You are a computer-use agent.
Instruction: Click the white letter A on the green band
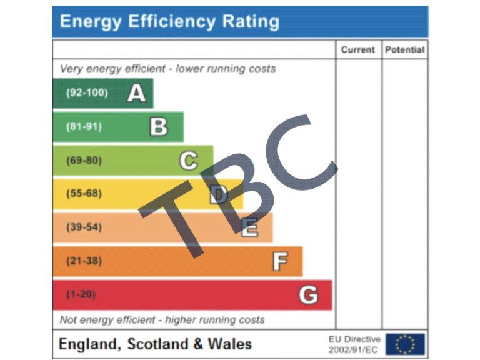tap(136, 93)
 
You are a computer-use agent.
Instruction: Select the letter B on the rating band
tap(159, 127)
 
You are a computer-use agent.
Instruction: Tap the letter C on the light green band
tap(188, 161)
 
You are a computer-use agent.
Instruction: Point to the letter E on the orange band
tap(249, 228)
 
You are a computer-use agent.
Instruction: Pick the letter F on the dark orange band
tap(280, 261)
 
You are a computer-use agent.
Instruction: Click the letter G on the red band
tap(308, 294)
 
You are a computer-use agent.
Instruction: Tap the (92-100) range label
tap(87, 93)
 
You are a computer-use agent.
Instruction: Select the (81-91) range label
tap(84, 127)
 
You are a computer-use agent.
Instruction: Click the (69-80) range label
tap(84, 161)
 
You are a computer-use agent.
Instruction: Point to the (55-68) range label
tap(84, 194)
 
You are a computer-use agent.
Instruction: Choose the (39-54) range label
tap(84, 227)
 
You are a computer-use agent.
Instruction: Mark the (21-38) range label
tap(84, 261)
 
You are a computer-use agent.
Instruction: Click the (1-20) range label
tap(81, 294)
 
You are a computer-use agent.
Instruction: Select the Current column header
tap(358, 50)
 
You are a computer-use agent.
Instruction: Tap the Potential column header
tap(404, 50)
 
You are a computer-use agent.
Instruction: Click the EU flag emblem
tap(405, 344)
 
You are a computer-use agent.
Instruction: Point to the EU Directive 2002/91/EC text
tap(354, 344)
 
